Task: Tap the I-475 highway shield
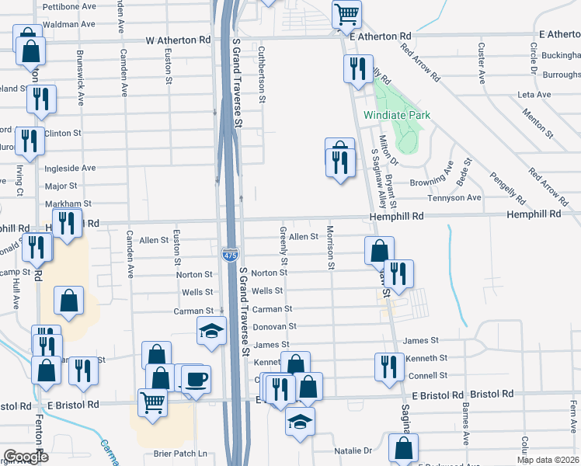click(x=231, y=256)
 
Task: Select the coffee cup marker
click(x=195, y=379)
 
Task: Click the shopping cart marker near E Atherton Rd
click(x=346, y=13)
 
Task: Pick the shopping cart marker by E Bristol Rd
click(x=151, y=402)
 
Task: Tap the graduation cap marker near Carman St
click(x=211, y=330)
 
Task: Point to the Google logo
click(x=25, y=457)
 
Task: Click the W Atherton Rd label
click(x=178, y=39)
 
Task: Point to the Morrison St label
click(x=331, y=248)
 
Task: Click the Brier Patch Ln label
click(x=183, y=453)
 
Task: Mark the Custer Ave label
click(x=482, y=64)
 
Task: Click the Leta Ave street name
click(x=534, y=95)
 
